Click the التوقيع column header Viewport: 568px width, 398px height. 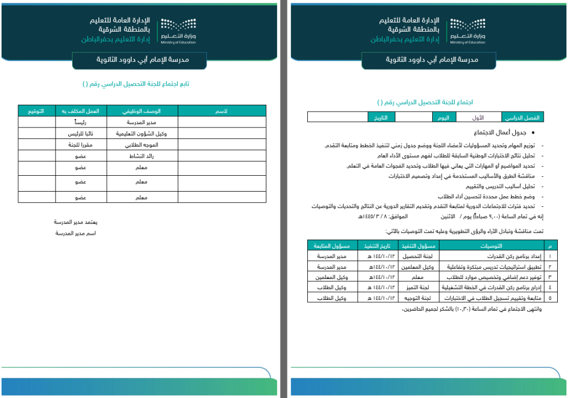point(39,111)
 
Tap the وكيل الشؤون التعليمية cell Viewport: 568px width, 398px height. point(143,134)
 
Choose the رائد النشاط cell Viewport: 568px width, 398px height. point(143,156)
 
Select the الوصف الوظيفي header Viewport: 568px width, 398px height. point(143,111)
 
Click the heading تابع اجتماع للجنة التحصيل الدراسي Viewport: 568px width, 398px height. point(136,84)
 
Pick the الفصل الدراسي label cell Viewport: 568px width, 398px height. point(523,117)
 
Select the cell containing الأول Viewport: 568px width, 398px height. point(479,117)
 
